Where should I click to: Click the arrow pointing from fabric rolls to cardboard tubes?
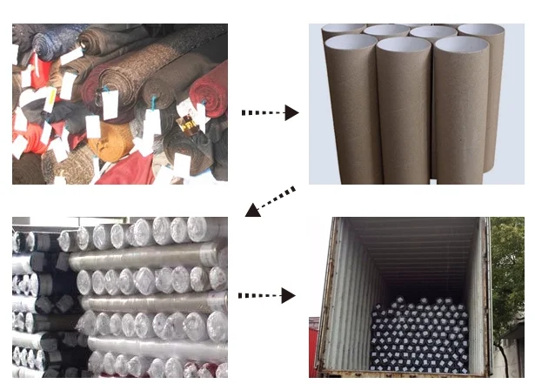269,112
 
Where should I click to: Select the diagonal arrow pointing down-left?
271,201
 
